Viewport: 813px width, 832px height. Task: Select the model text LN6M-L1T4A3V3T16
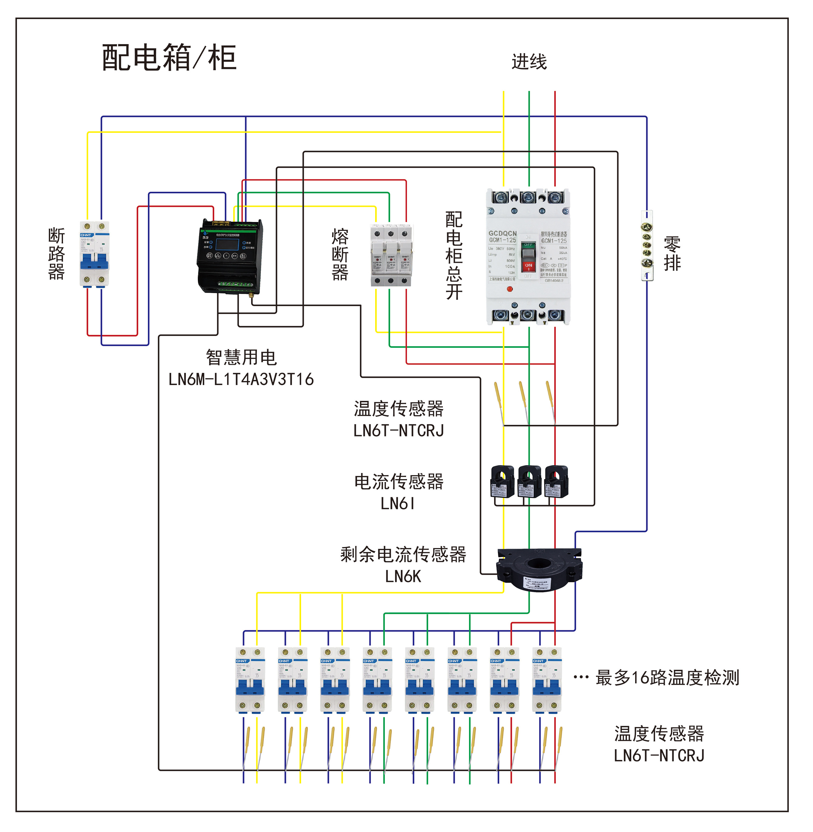tap(241, 379)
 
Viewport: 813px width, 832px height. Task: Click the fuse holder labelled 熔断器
tap(391, 255)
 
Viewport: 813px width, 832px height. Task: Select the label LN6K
tap(403, 576)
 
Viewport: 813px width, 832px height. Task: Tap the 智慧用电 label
tap(241, 357)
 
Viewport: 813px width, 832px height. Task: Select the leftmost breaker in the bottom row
tap(250, 680)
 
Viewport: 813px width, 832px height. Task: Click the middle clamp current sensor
tap(529, 481)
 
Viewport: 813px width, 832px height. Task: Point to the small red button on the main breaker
tap(510, 289)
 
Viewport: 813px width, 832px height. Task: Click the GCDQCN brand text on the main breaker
tap(502, 233)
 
